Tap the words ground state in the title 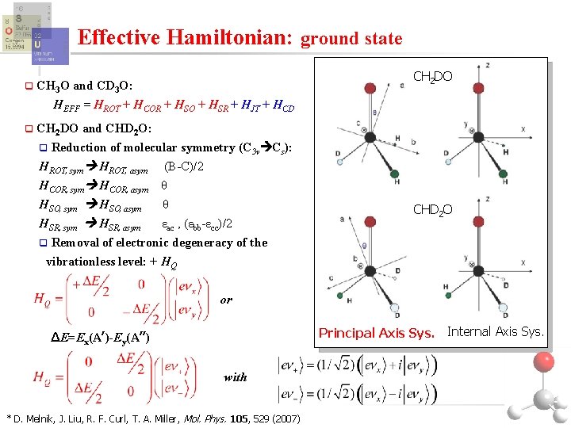point(352,38)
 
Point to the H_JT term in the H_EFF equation point(252,105)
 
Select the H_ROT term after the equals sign point(108,105)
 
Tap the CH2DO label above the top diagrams point(434,76)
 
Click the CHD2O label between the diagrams point(433,209)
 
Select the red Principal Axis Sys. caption point(376,332)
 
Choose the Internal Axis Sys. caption point(496,331)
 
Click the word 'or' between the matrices point(227,300)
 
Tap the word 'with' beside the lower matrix point(235,377)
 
